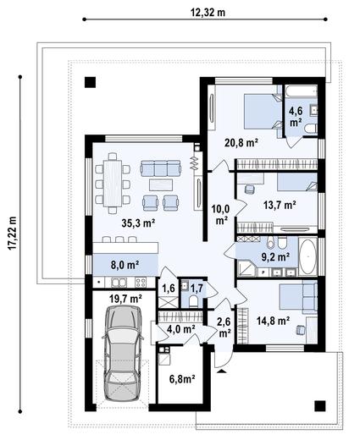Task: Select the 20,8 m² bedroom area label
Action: click(240, 143)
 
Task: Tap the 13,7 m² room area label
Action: click(278, 205)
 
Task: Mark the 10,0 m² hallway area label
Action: click(221, 214)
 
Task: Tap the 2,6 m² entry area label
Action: click(223, 327)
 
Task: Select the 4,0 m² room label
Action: click(180, 328)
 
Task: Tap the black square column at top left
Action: click(91, 83)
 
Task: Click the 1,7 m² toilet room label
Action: click(195, 288)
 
